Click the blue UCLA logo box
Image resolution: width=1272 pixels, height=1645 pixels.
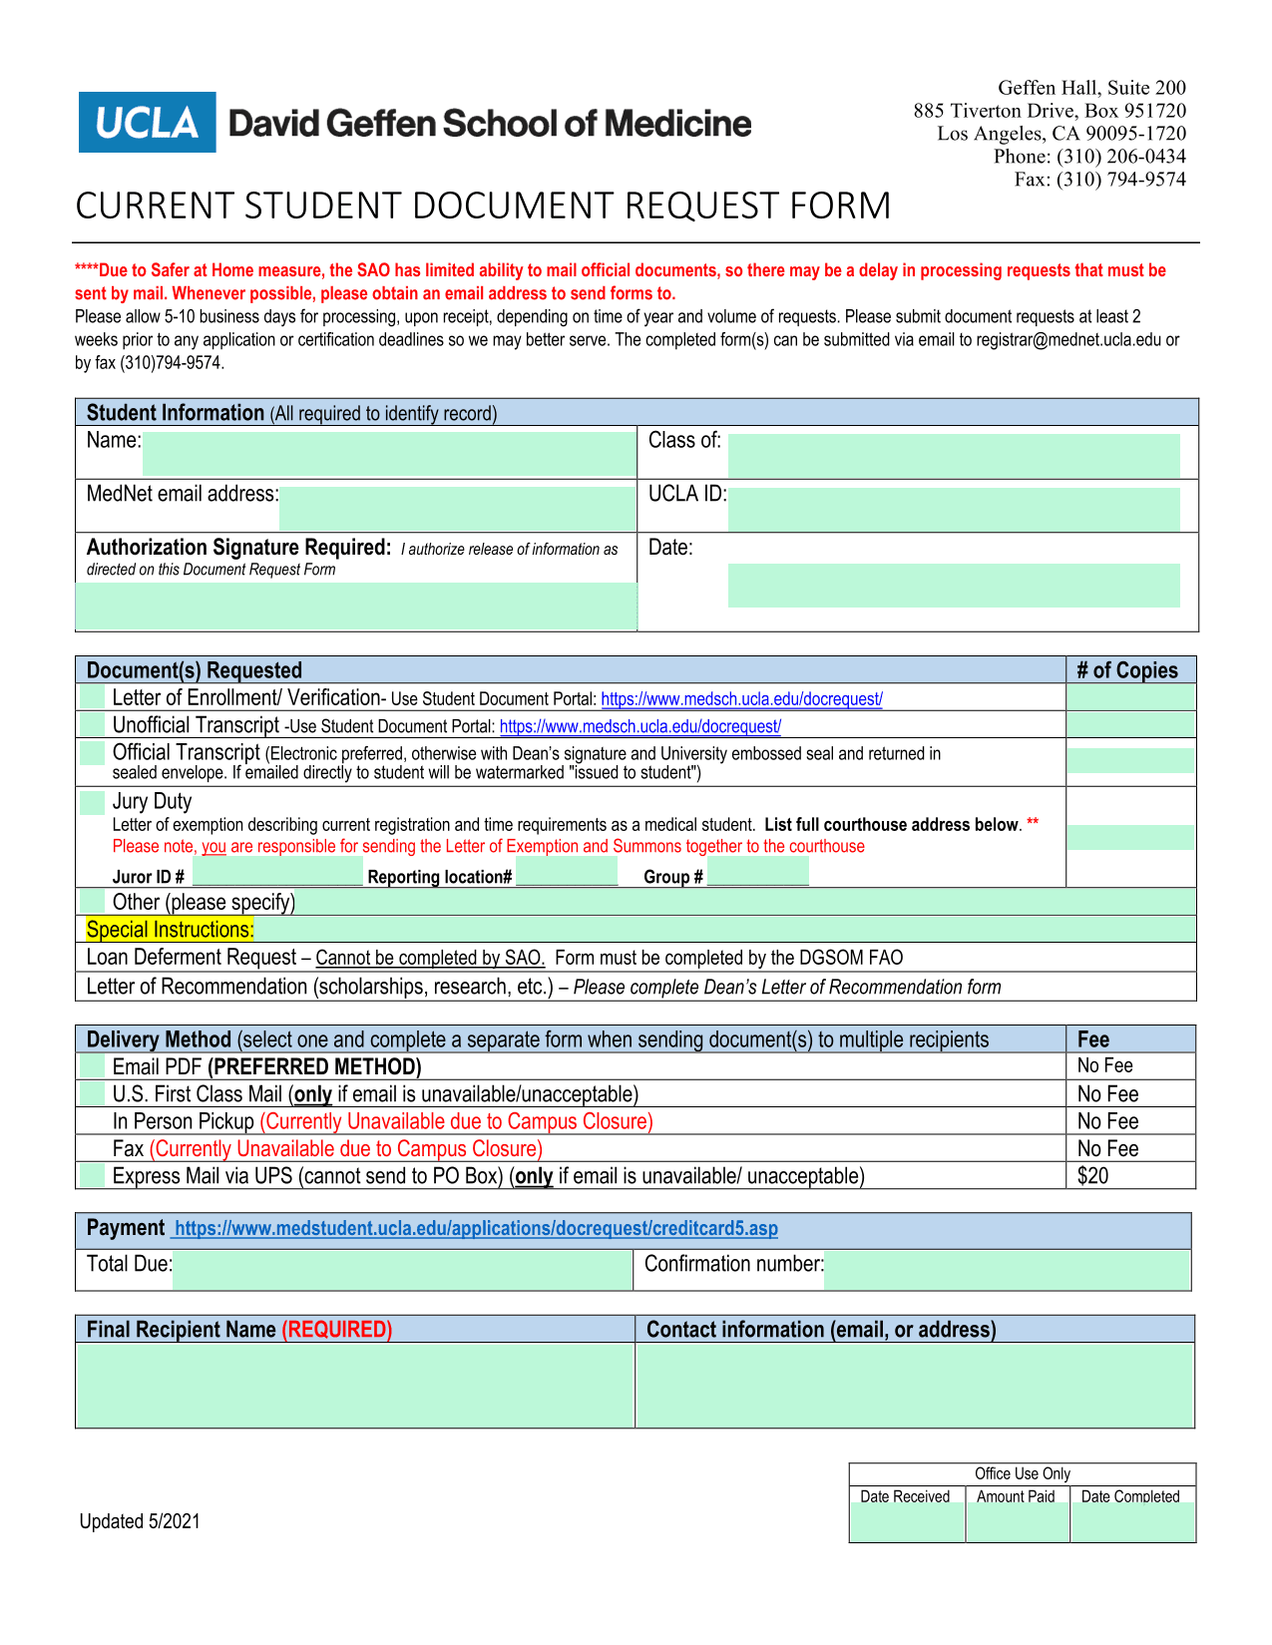pyautogui.click(x=147, y=123)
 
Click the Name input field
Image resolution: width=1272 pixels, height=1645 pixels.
pyautogui.click(x=389, y=454)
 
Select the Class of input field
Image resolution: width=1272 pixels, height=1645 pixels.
pyautogui.click(x=953, y=455)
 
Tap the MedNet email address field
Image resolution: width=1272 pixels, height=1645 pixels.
pyautogui.click(x=457, y=508)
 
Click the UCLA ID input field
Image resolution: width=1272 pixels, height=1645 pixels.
pyautogui.click(x=953, y=509)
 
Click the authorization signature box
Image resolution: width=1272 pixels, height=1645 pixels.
pyautogui.click(x=356, y=606)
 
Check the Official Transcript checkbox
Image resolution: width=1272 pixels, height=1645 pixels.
pyautogui.click(x=93, y=753)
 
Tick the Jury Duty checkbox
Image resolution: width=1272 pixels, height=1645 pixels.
pyautogui.click(x=93, y=802)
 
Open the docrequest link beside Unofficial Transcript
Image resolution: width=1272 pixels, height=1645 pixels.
pyautogui.click(x=639, y=727)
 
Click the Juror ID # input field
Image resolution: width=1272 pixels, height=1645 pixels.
pyautogui.click(x=277, y=875)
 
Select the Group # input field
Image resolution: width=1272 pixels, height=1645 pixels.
pyautogui.click(x=758, y=875)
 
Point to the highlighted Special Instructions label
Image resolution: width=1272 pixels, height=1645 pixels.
pyautogui.click(x=170, y=930)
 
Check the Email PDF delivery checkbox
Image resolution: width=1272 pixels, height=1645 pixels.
pyautogui.click(x=93, y=1066)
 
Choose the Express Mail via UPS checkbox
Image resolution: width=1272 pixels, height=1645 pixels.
pyautogui.click(x=93, y=1175)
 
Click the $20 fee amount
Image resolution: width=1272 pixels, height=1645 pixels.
pyautogui.click(x=1092, y=1176)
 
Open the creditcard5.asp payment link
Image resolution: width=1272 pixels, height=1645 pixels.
pyautogui.click(x=476, y=1229)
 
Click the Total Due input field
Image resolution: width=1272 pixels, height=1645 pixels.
pyautogui.click(x=402, y=1270)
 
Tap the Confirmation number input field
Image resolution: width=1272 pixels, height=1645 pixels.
pyautogui.click(x=1007, y=1270)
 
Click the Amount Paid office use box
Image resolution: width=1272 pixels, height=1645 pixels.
pyautogui.click(x=1017, y=1521)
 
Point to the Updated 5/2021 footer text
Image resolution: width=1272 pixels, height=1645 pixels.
pyautogui.click(x=140, y=1521)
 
